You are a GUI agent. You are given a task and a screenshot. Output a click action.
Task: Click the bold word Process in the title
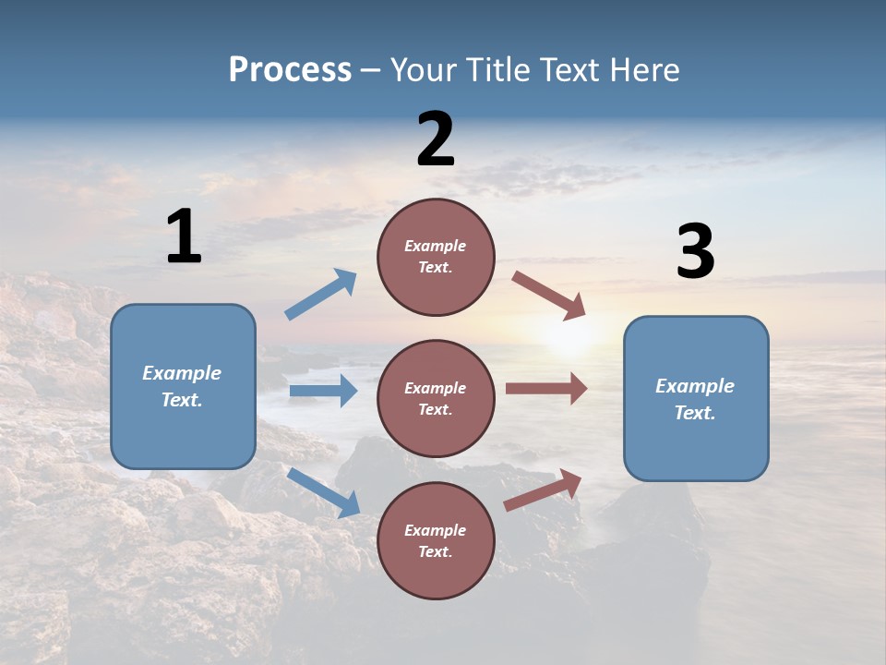pos(290,69)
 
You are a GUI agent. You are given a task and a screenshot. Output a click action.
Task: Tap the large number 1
pos(184,236)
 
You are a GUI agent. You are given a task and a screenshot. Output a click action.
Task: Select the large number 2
pos(436,139)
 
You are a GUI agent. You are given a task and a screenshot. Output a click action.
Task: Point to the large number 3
pos(695,252)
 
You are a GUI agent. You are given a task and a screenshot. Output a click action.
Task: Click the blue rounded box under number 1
pos(183,386)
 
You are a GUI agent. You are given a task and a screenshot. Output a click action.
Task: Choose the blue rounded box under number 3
pos(696,398)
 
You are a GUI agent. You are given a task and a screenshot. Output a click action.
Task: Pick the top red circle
pos(436,257)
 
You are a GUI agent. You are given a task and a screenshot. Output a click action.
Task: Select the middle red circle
pos(436,398)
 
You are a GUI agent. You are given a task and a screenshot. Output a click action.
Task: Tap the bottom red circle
pos(436,540)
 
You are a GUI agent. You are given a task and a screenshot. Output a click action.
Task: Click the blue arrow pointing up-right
pos(321,295)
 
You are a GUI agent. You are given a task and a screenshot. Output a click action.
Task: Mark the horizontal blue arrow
pos(323,391)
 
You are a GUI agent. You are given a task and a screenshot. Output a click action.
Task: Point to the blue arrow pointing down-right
pos(323,492)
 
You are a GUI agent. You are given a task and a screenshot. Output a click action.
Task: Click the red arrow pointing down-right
pos(549,296)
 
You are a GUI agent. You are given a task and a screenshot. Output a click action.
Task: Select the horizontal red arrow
pos(546,388)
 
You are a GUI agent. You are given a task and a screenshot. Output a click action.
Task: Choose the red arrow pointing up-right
pos(544,490)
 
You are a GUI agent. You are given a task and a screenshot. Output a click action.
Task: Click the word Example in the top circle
pos(435,246)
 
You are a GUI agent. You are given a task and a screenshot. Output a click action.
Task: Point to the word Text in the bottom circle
pos(435,551)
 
